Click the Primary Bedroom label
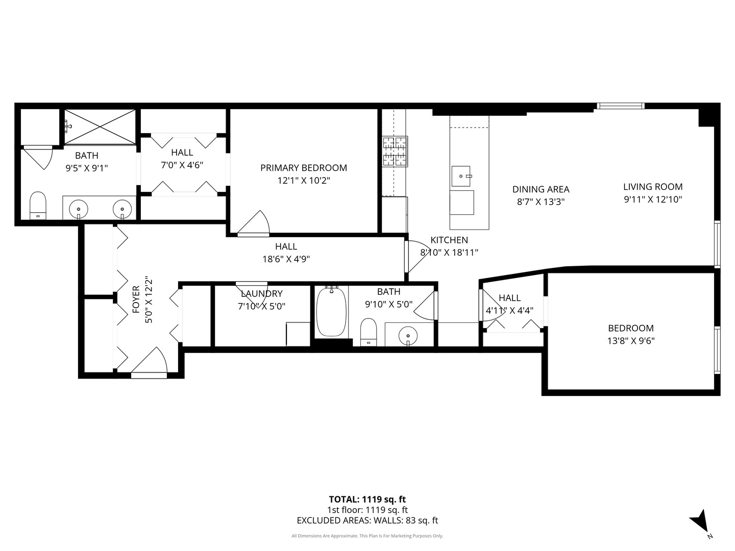(x=303, y=168)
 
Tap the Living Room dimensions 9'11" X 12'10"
(x=653, y=199)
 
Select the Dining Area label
(x=541, y=189)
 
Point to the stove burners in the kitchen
(x=395, y=152)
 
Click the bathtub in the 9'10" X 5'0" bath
(x=331, y=312)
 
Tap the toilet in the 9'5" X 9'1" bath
(x=38, y=205)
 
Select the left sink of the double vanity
(x=79, y=208)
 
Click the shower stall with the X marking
(x=100, y=127)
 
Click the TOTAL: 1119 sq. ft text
(x=367, y=499)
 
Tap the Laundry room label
(x=261, y=293)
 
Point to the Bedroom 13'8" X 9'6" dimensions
(x=630, y=341)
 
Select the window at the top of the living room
(x=620, y=106)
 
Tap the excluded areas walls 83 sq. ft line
(x=367, y=521)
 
